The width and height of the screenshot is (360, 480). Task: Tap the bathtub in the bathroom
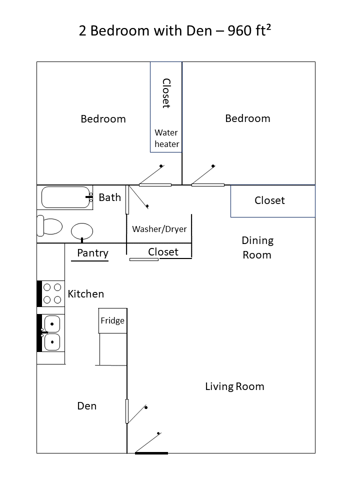(x=65, y=197)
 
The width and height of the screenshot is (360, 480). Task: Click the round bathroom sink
(x=82, y=231)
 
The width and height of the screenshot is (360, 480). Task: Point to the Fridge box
(x=112, y=320)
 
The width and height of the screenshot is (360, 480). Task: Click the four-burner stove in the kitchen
(x=52, y=293)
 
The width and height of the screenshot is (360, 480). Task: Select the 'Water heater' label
(x=166, y=138)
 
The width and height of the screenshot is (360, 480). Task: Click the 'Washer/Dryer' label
(x=159, y=229)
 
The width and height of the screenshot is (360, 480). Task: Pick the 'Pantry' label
(x=92, y=253)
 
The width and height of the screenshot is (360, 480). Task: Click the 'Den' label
(x=86, y=406)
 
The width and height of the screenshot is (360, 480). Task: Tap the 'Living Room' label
(x=234, y=386)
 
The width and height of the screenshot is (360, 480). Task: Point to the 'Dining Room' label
(x=257, y=247)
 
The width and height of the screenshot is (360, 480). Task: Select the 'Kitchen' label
(x=86, y=294)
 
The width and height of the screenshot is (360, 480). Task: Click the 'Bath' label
(x=109, y=197)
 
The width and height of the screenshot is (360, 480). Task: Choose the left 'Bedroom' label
(x=103, y=119)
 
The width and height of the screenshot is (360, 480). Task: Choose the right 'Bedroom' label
(x=247, y=118)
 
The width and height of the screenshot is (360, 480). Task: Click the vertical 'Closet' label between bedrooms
(x=166, y=93)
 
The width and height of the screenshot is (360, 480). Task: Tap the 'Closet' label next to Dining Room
(x=269, y=200)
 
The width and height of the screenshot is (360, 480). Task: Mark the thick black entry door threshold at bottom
(x=151, y=453)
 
